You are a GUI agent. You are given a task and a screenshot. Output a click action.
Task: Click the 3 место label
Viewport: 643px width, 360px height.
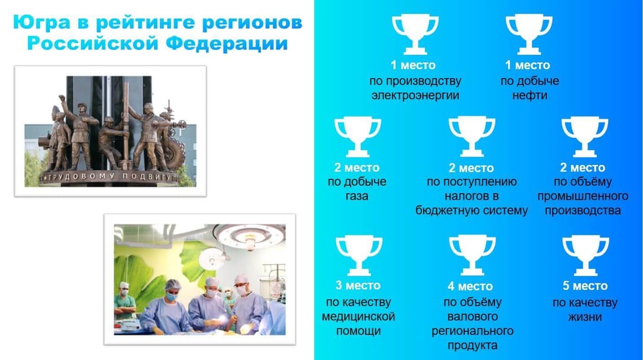coord(358,286)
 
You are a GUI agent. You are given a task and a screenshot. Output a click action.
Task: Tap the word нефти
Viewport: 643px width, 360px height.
coord(529,96)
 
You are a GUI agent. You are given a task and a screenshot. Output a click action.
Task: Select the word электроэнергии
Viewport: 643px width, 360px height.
coord(415,96)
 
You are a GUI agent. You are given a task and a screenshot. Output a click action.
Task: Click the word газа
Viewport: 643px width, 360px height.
coord(357,196)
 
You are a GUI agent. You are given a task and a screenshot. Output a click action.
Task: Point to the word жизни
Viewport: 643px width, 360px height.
coord(585,317)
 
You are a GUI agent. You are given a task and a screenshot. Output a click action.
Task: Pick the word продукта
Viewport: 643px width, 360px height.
coord(472,345)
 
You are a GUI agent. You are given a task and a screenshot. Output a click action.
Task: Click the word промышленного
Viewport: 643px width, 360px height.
coord(582,196)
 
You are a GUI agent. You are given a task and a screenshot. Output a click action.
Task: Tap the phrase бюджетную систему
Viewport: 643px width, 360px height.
coord(472,211)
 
